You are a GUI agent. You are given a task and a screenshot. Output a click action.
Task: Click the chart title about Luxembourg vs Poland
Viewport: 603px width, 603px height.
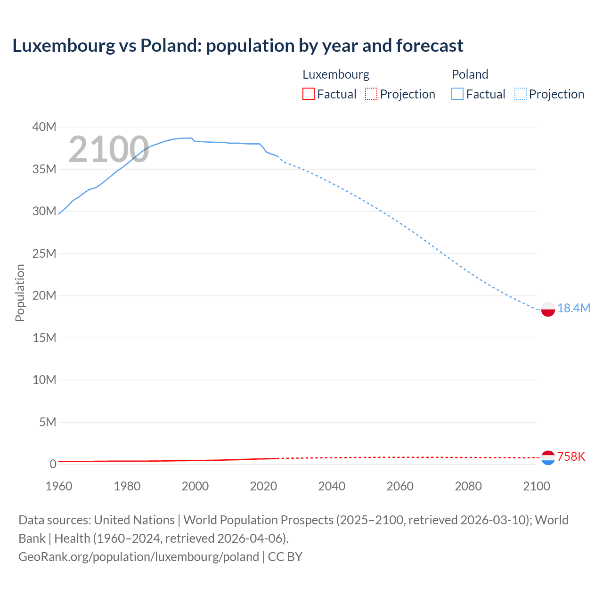pos(238,46)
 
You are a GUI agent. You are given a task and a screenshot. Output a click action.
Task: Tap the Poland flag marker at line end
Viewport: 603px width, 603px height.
pos(548,310)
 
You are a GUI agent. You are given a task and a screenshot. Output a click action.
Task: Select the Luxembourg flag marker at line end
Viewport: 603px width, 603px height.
pos(548,457)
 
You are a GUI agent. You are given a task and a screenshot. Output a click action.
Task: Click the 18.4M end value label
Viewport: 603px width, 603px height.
pos(573,309)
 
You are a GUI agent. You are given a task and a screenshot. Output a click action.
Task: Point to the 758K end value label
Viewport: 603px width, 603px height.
pos(571,456)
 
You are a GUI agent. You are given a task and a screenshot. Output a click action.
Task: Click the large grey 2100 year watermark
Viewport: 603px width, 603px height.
pos(109,150)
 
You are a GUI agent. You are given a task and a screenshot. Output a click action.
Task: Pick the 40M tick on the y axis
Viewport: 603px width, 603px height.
pos(44,127)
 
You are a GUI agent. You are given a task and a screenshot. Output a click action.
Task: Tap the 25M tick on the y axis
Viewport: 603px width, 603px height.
pos(44,253)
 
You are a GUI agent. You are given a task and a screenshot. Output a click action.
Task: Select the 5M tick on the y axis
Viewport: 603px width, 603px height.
pos(47,422)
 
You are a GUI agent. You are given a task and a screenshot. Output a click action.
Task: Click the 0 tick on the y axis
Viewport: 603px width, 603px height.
pos(53,464)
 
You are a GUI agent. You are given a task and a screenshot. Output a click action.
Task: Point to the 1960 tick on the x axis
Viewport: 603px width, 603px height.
pos(59,486)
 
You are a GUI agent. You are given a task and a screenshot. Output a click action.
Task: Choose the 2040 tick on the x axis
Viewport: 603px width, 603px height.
pos(332,486)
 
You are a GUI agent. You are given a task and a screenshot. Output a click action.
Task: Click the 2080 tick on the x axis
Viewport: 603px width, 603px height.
pos(468,486)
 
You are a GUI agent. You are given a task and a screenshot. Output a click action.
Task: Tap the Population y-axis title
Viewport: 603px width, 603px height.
pos(20,293)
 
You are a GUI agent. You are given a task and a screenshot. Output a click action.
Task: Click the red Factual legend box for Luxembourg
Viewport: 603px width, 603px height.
pos(309,94)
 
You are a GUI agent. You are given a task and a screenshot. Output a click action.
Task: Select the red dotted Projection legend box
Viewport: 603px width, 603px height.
pos(371,94)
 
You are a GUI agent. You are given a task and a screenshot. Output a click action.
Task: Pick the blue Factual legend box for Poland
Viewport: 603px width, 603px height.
pos(457,94)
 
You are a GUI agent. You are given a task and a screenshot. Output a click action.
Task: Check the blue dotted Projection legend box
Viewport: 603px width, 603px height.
pos(521,94)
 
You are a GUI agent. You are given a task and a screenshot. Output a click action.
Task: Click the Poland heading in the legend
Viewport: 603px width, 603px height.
pos(470,74)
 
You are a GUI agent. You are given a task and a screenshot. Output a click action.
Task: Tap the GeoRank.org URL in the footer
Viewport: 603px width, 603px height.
pos(139,557)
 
